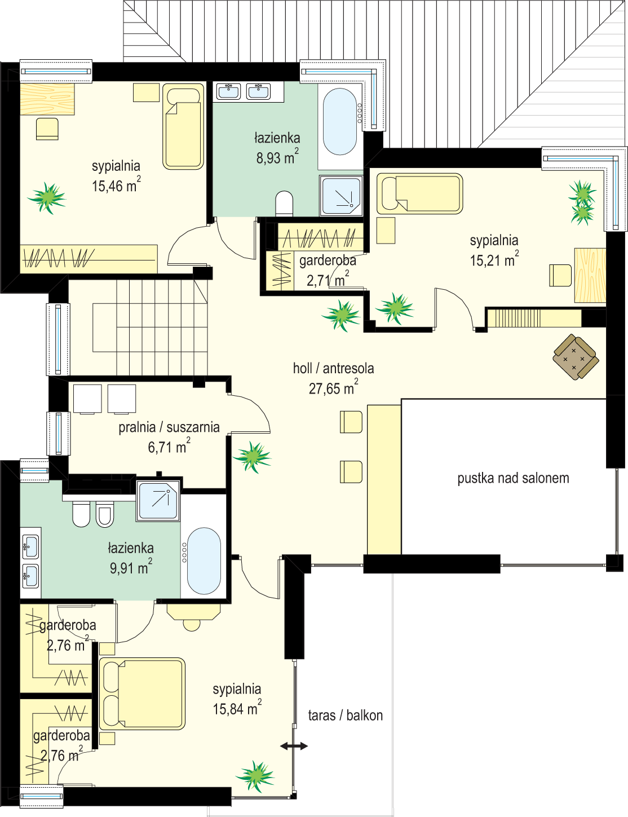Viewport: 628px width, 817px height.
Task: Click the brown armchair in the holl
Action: [x=576, y=357]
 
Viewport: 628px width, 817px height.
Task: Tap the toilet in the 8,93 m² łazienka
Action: [x=284, y=204]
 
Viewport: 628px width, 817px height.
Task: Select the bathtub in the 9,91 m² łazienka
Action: [x=204, y=561]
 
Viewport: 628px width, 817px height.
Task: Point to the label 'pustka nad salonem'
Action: [x=513, y=479]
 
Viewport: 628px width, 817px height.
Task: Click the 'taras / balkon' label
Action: [x=346, y=716]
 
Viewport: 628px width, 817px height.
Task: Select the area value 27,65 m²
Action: [x=333, y=387]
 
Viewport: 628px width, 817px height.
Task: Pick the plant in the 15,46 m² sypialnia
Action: [x=47, y=198]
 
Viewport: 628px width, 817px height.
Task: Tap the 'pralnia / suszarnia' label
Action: [x=169, y=427]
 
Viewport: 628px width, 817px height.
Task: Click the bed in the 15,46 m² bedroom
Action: [x=183, y=126]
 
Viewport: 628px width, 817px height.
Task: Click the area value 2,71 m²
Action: [x=328, y=279]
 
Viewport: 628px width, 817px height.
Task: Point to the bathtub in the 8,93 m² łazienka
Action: [x=340, y=121]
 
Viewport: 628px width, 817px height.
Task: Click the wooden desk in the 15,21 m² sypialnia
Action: [x=590, y=275]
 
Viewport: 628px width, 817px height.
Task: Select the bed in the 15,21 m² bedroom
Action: [x=419, y=193]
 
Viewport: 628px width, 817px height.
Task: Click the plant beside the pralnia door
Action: [x=252, y=457]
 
